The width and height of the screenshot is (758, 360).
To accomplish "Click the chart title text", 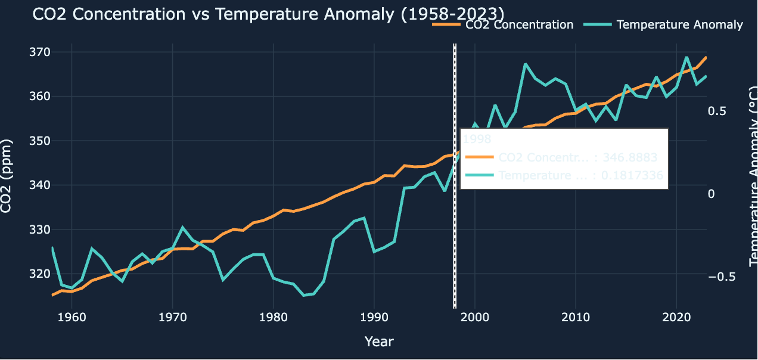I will coord(268,14).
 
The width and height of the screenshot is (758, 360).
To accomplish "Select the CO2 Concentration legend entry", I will coord(518,24).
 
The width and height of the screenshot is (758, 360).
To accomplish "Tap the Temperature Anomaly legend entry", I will coord(680,24).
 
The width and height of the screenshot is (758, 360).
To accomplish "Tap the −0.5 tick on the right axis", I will coord(720,277).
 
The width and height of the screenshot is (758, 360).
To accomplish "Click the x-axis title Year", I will coord(379,342).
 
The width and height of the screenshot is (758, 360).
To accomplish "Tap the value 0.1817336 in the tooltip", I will coord(630,176).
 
